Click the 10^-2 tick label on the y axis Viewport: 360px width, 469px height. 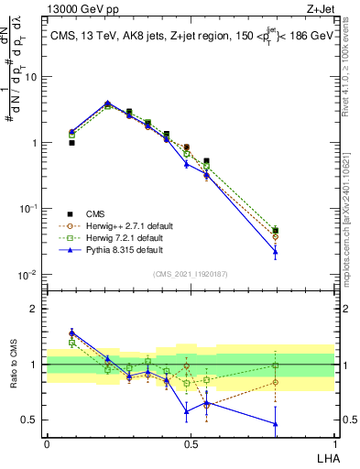(x=28, y=275)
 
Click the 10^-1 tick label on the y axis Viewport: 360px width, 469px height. (x=28, y=209)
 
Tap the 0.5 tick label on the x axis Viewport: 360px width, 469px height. (x=190, y=443)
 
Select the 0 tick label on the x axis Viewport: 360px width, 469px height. (x=47, y=443)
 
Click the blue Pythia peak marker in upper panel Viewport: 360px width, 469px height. (x=108, y=104)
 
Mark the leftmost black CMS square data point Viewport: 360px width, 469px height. (x=71, y=143)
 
